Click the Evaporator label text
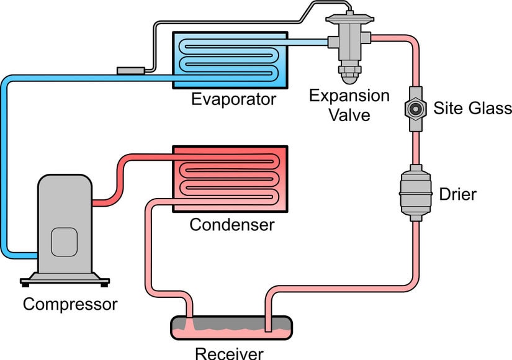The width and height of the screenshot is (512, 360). [x=233, y=99]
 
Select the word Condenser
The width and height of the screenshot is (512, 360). [x=231, y=223]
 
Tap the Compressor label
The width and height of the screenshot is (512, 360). [x=70, y=304]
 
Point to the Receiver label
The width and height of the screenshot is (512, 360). [x=230, y=353]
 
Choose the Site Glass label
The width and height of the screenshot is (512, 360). [x=473, y=108]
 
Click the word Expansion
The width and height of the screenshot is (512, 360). [x=349, y=96]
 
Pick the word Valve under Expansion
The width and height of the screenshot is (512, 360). [x=349, y=115]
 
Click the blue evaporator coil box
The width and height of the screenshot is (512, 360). [x=230, y=60]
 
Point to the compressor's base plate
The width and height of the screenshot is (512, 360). [x=65, y=281]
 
